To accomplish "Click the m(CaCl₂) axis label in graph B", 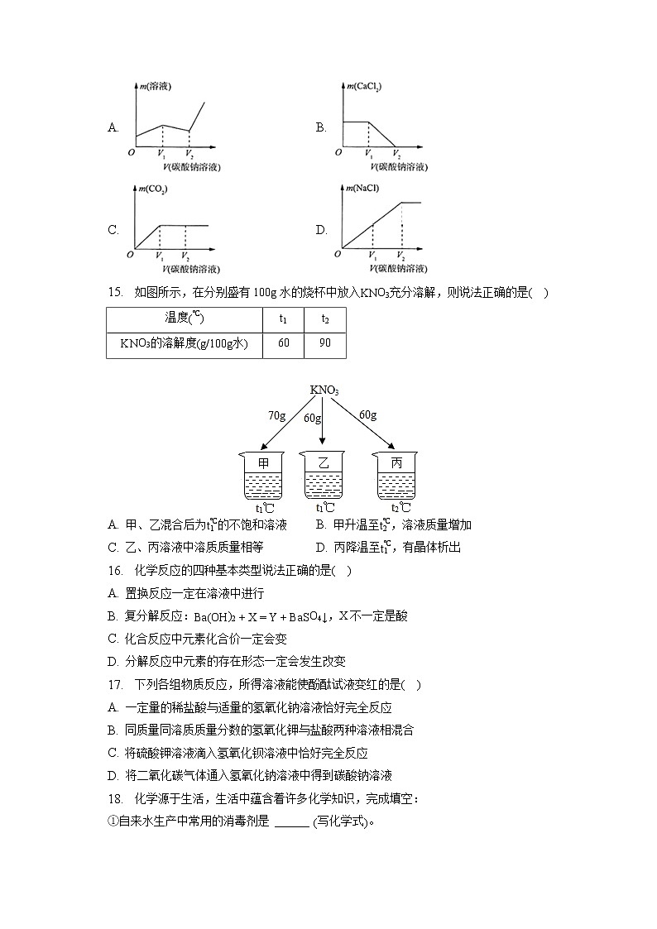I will (365, 86).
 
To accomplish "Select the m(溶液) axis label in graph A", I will (155, 86).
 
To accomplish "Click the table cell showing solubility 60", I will (284, 343).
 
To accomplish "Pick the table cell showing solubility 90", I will (324, 343).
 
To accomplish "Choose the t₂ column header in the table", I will (324, 319).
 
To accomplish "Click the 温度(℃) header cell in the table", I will (184, 319).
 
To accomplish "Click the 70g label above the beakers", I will (276, 416).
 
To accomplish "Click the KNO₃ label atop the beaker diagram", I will (324, 390).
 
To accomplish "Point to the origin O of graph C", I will (130, 256).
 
